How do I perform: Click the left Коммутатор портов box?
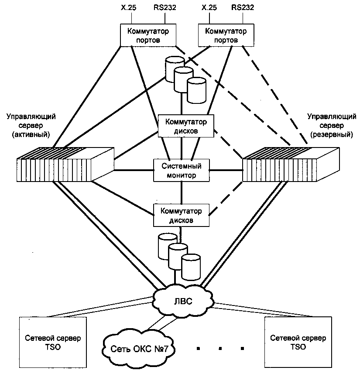click(x=148, y=35)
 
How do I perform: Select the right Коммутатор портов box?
click(x=226, y=35)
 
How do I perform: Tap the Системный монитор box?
click(x=181, y=171)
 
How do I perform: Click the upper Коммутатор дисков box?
click(x=186, y=126)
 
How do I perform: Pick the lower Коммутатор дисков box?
click(x=181, y=215)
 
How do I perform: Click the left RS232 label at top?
click(x=164, y=7)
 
